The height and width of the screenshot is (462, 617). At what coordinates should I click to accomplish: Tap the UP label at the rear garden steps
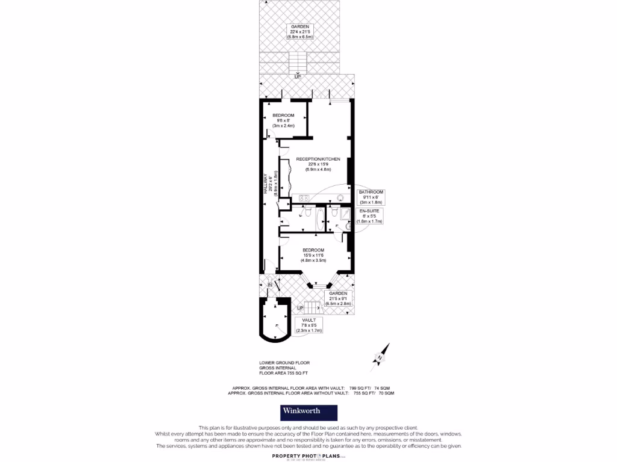coord(298,77)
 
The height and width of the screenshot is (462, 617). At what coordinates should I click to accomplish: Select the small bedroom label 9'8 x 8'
coord(283,120)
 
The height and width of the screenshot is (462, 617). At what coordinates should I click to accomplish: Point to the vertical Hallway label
coord(265,180)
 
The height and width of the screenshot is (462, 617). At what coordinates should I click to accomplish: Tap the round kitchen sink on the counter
coord(340,197)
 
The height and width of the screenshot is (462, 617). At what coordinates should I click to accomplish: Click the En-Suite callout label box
coord(370,217)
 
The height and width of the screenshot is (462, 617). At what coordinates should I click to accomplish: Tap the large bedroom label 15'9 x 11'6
coord(313,256)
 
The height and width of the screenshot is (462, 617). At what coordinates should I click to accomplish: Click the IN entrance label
coord(270,284)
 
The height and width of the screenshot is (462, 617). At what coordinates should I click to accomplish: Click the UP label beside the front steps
coord(300,309)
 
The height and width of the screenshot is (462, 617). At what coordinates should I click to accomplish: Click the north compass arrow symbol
coord(381,355)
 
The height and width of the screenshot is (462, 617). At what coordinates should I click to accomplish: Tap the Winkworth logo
coord(308,412)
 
